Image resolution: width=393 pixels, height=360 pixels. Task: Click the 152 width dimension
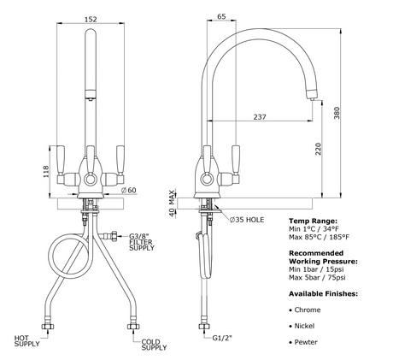click(91, 19)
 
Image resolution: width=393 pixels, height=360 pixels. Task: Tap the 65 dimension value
click(221, 16)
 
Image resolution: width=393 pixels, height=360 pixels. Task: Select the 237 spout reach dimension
click(260, 117)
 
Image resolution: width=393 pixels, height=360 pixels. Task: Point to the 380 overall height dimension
click(337, 113)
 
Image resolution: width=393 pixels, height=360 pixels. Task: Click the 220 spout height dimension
click(319, 149)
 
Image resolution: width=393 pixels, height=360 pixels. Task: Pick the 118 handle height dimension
click(46, 172)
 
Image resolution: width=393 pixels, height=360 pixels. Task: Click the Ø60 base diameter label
click(129, 190)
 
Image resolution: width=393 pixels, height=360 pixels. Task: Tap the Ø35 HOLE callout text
click(247, 220)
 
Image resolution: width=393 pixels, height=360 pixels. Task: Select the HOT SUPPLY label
click(26, 341)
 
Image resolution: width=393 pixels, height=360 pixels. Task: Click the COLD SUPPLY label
click(154, 345)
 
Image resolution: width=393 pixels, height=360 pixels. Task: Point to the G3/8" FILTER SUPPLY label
click(142, 242)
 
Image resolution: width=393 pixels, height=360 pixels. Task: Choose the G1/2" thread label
click(222, 338)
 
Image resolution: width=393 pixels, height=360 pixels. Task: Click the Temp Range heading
click(313, 221)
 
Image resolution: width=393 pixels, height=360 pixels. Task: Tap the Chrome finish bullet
click(305, 310)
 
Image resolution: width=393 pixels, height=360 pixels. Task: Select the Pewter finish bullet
click(303, 342)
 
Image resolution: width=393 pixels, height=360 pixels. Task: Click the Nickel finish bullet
click(302, 326)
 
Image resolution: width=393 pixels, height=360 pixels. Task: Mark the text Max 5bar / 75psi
click(317, 277)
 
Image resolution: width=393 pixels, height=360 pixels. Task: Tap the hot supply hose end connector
click(48, 327)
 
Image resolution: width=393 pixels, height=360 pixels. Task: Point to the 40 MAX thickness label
click(172, 203)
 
